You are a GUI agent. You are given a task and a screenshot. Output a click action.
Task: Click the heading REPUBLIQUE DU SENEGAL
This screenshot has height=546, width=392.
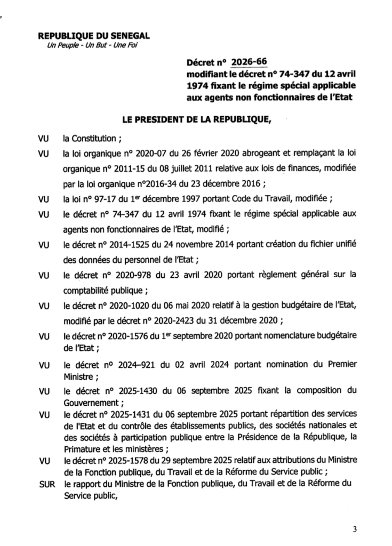94,36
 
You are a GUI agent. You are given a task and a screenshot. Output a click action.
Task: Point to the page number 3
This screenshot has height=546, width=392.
354,529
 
